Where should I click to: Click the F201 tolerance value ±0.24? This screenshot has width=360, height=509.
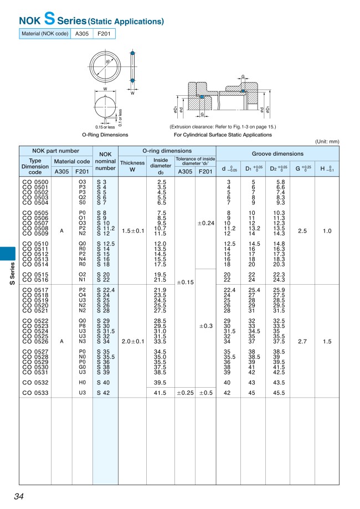[205, 223]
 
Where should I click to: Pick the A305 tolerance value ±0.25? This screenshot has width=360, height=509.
[185, 393]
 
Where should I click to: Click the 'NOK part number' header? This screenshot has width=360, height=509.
[55, 151]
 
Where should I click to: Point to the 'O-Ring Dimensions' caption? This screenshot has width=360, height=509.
[105, 135]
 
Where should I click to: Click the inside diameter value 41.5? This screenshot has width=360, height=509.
[161, 393]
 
